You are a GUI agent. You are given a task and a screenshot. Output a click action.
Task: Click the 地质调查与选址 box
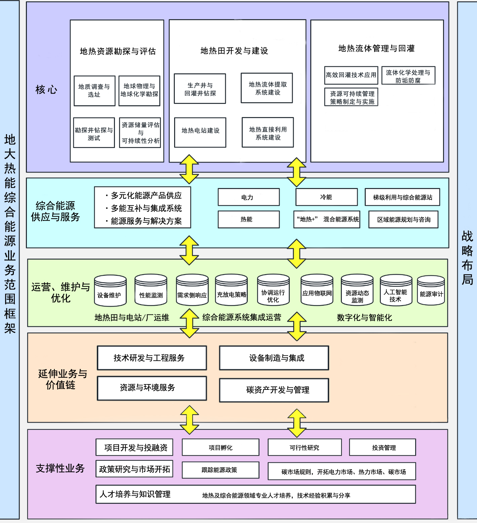[94, 91]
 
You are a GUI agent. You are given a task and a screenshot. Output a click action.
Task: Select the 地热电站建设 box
[200, 132]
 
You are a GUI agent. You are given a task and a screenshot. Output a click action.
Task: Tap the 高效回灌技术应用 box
[351, 75]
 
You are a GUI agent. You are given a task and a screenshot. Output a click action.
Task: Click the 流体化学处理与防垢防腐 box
[408, 76]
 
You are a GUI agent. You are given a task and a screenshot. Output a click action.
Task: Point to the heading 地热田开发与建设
[234, 51]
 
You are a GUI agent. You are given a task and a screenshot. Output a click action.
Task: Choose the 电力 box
[248, 197]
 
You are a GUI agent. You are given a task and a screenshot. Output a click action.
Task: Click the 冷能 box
[326, 197]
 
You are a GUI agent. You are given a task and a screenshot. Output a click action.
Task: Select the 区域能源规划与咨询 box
[403, 220]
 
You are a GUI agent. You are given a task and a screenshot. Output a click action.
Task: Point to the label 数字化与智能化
[364, 317]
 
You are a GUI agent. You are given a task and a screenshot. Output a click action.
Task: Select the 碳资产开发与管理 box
[274, 390]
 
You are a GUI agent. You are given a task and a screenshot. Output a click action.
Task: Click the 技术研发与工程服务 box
[152, 358]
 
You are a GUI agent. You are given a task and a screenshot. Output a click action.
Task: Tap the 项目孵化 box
[221, 448]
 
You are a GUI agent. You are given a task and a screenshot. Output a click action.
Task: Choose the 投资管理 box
[383, 448]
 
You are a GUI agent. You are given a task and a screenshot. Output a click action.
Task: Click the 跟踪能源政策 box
[221, 470]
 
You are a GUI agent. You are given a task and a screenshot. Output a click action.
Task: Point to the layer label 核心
[46, 90]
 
